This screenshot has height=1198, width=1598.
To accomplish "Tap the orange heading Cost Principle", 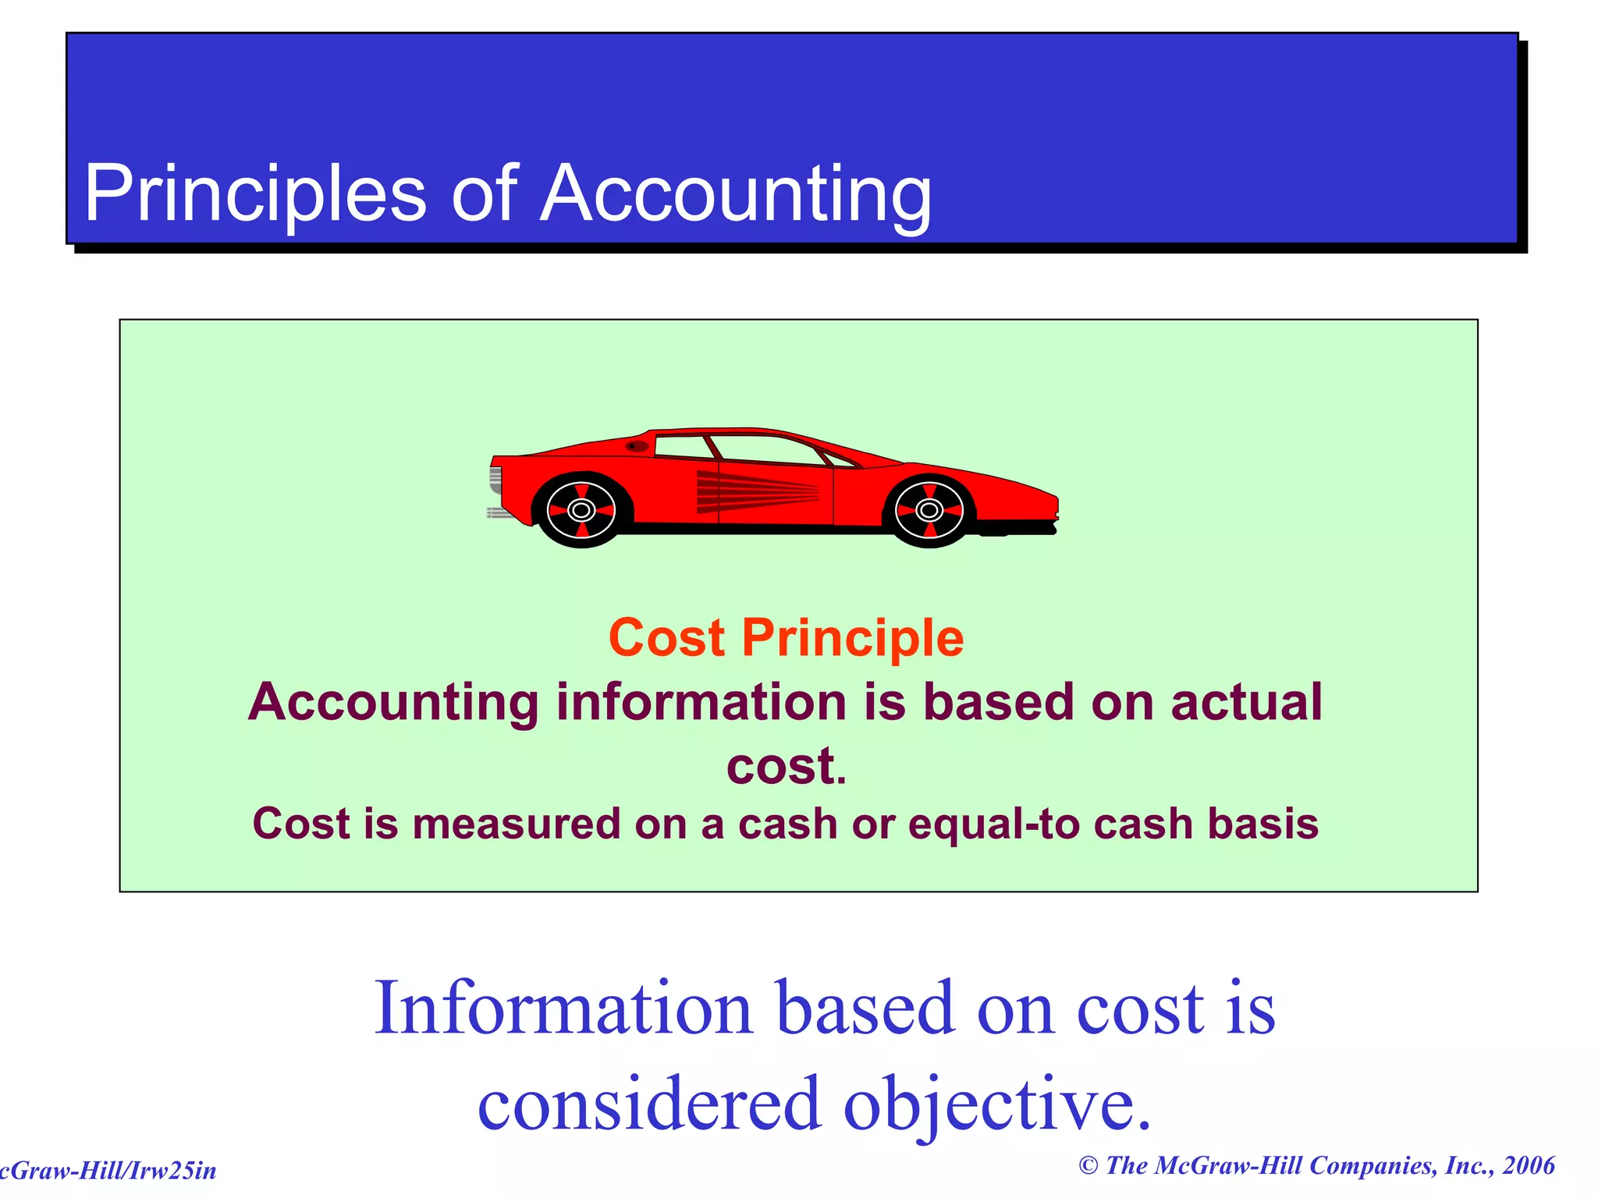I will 786,638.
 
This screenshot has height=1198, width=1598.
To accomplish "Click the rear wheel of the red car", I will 581,510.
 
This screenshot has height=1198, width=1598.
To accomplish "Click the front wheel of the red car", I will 929,510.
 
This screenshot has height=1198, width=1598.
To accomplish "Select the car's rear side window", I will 683,447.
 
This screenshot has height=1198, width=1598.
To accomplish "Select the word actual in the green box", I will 1246,702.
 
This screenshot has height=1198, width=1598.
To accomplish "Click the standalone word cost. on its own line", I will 786,766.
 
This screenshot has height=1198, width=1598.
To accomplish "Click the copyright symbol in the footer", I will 1088,1166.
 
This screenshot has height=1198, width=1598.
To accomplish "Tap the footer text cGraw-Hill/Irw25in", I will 108,1171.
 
